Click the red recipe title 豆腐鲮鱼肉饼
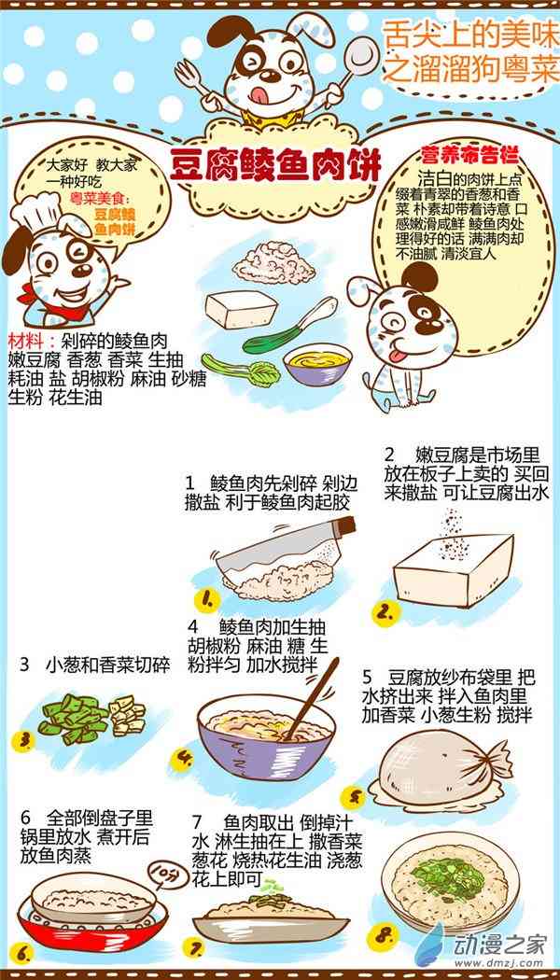tap(275, 167)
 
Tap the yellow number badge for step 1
tap(207, 601)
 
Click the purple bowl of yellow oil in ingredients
tap(317, 363)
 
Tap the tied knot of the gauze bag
tap(495, 756)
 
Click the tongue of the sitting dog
tap(395, 357)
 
